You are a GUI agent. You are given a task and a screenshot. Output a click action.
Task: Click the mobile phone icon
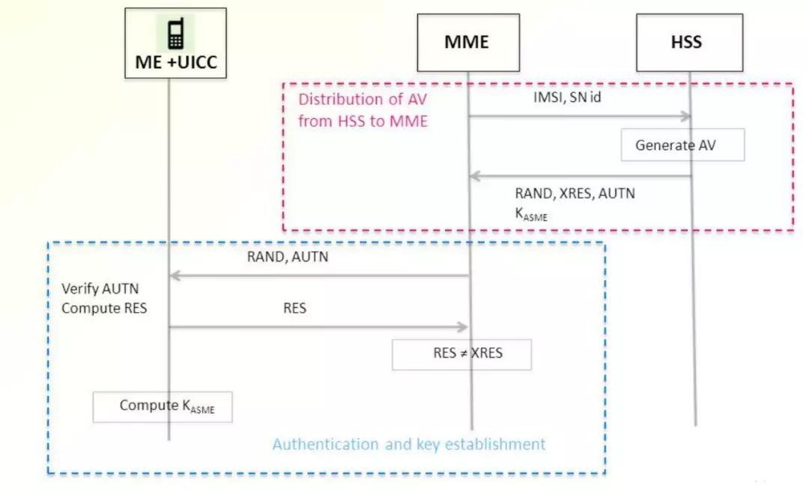pos(175,34)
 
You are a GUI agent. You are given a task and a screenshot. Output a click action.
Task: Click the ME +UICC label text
pos(176,62)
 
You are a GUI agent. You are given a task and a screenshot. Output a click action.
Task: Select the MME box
pos(468,42)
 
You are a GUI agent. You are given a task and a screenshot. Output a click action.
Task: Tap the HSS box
pos(689,42)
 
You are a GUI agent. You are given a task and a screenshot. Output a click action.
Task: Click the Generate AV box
pos(682,145)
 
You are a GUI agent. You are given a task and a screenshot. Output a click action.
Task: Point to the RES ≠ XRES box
pos(461,354)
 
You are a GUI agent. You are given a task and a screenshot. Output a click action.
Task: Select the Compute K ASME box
pos(163,406)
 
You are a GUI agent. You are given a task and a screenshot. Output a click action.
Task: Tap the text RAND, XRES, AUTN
pos(575,194)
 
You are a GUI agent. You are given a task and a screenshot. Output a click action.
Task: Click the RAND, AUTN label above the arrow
pos(288,257)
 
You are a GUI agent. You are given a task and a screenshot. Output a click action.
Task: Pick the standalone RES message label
pos(294,308)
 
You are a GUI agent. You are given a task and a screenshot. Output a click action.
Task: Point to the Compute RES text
pos(104,308)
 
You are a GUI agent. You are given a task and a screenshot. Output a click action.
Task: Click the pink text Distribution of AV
pos(363,100)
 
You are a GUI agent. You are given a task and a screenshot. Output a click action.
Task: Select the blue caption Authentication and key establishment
pos(408,444)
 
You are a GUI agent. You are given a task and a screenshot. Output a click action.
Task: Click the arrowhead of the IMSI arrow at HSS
pos(685,116)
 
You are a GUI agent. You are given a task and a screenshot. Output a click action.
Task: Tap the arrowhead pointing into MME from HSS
pos(475,177)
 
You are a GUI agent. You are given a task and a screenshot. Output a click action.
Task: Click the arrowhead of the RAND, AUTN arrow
pos(176,275)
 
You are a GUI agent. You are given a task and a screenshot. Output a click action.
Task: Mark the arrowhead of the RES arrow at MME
pos(461,327)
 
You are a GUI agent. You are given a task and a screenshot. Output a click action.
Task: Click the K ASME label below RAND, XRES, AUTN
pos(531,213)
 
